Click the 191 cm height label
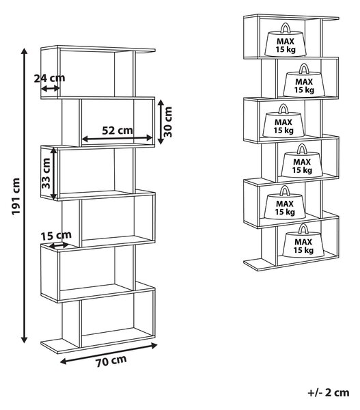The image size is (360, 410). pyautogui.click(x=16, y=196)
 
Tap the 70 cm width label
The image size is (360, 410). pyautogui.click(x=111, y=361)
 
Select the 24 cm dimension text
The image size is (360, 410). pyautogui.click(x=49, y=78)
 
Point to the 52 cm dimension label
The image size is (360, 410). pyautogui.click(x=117, y=131)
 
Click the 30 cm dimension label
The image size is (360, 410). pyautogui.click(x=168, y=122)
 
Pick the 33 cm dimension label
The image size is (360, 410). pyautogui.click(x=46, y=173)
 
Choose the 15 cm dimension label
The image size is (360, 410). pyautogui.click(x=56, y=236)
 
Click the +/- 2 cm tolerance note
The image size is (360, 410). pyautogui.click(x=329, y=392)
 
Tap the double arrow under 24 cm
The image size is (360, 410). pyautogui.click(x=51, y=89)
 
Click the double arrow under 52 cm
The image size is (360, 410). pyautogui.click(x=117, y=138)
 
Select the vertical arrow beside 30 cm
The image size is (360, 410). pyautogui.click(x=161, y=122)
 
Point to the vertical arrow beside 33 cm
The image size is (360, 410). pyautogui.click(x=53, y=174)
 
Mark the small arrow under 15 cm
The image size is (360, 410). pyautogui.click(x=59, y=245)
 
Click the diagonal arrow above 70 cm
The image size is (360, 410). pyautogui.click(x=109, y=353)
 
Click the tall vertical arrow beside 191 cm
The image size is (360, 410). pyautogui.click(x=25, y=195)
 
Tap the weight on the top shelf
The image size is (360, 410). pyautogui.click(x=286, y=40)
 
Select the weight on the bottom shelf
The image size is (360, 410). pyautogui.click(x=303, y=241)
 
